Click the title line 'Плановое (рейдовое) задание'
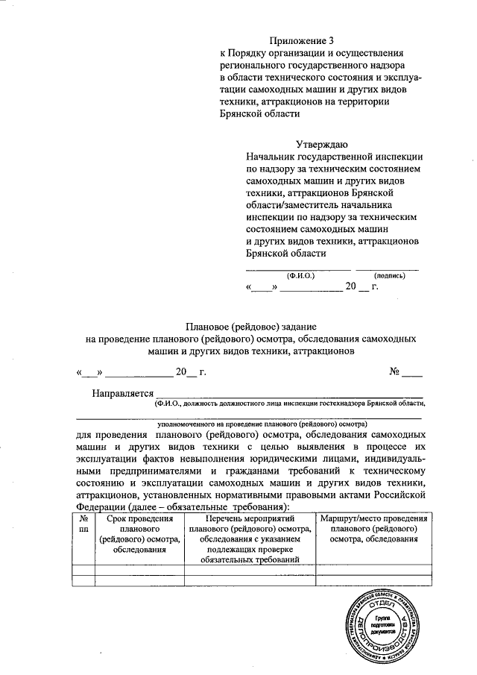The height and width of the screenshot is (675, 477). (251, 327)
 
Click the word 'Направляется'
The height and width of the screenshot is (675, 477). (122, 393)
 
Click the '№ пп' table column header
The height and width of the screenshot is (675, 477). (83, 524)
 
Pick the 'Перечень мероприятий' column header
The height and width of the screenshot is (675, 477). (250, 518)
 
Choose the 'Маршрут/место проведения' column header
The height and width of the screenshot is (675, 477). (373, 518)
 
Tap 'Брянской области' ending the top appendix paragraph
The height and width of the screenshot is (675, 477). (259, 114)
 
